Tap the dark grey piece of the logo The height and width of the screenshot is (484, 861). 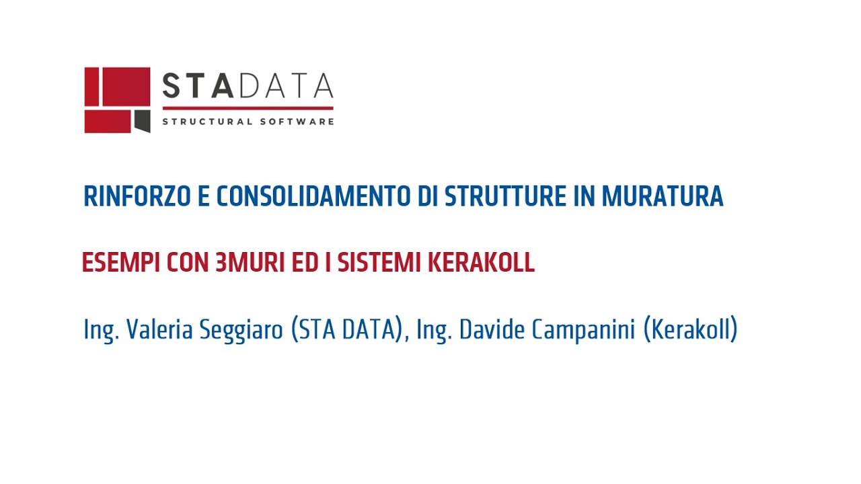tap(142, 121)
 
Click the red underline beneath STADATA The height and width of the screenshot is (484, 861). tap(248, 108)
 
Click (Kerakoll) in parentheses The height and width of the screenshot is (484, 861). tap(691, 330)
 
